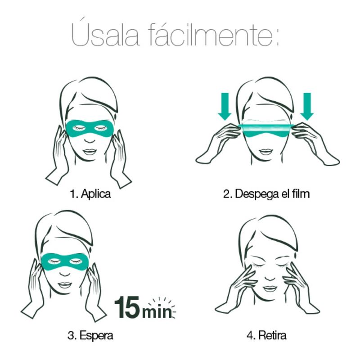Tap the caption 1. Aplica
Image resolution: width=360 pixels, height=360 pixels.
tap(90, 193)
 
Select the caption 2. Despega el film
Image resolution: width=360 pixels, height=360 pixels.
tap(266, 194)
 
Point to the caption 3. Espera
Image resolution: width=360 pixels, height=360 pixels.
tap(90, 335)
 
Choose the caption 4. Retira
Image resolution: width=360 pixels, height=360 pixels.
tap(266, 335)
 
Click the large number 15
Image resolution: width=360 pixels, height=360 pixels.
tap(127, 307)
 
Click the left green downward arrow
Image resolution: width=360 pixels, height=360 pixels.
tap(225, 106)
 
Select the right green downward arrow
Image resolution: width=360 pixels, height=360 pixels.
tap(307, 106)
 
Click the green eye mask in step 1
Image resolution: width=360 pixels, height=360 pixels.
tap(90, 129)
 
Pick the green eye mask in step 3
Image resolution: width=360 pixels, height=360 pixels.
tap(65, 261)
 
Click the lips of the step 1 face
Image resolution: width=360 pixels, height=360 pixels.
tap(90, 152)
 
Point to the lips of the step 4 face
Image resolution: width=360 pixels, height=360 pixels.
tap(270, 288)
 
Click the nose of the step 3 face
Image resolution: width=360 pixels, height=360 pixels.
tap(65, 273)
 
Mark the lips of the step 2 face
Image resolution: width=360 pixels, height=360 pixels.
tap(266, 152)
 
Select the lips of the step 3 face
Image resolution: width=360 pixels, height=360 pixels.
tap(65, 285)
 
